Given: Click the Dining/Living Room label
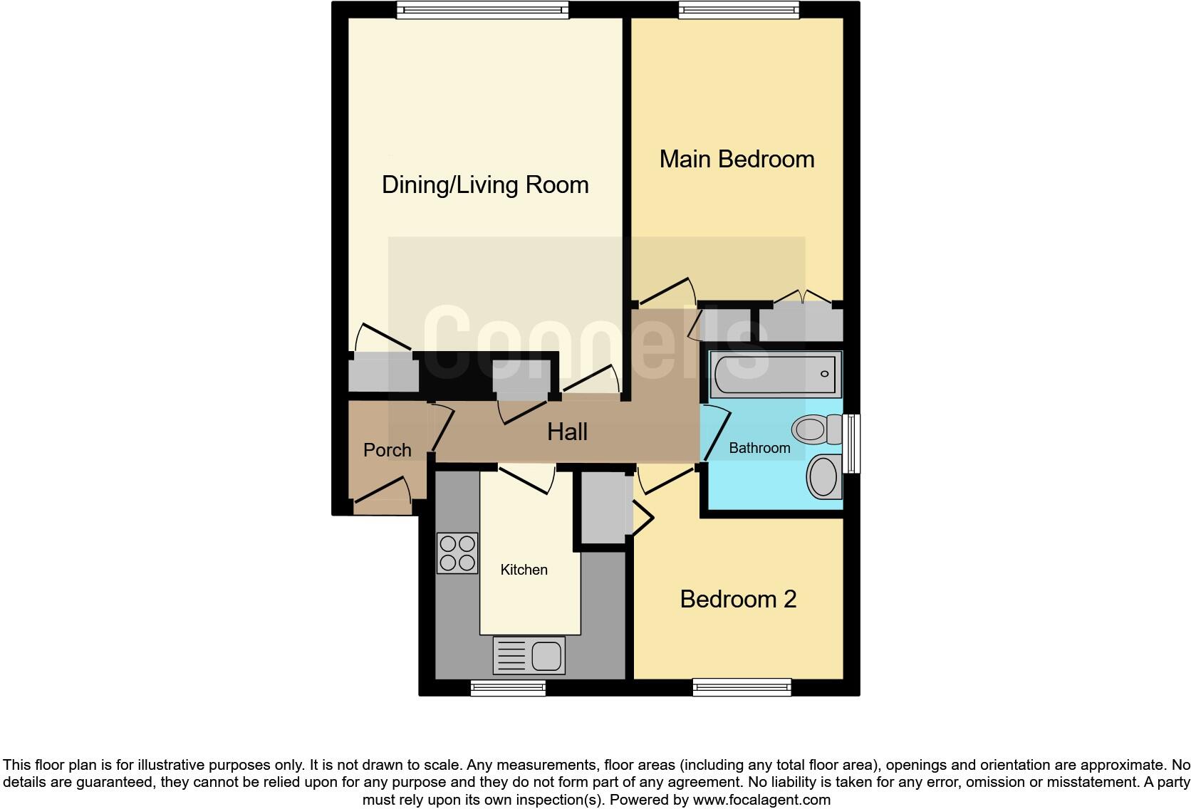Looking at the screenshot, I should [485, 184].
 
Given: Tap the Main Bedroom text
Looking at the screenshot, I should [737, 159].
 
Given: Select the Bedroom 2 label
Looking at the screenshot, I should [738, 599].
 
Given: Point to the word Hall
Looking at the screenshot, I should [567, 432].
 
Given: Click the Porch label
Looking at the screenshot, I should [387, 450].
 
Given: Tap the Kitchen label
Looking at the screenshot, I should [524, 570].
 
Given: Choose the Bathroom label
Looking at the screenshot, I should [759, 448].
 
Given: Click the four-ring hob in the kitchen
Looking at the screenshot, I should [457, 553].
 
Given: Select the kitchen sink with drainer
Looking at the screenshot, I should [529, 655].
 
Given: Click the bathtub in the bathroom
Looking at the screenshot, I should [775, 373].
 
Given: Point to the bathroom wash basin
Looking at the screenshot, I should [825, 476].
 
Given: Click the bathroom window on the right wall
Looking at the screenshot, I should [851, 444].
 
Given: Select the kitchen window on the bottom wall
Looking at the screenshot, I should [508, 687].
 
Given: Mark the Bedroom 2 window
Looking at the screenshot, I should [742, 687].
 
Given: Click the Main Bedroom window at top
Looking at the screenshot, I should [738, 9].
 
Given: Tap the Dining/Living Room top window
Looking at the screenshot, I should [482, 9].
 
